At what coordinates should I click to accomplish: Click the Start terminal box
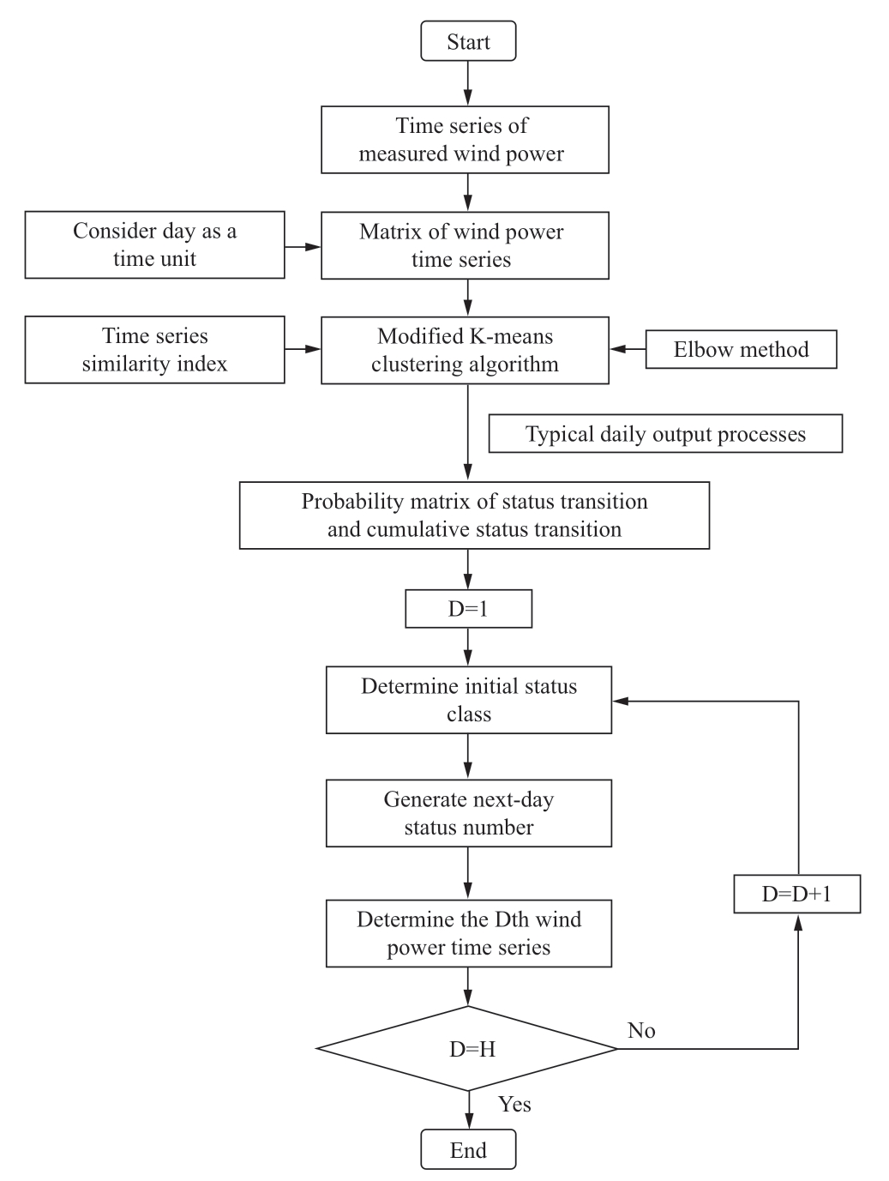pyautogui.click(x=468, y=41)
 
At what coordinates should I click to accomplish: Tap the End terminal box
pyautogui.click(x=468, y=1150)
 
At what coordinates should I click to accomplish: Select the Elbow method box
pyautogui.click(x=741, y=349)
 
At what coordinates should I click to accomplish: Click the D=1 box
pyautogui.click(x=468, y=609)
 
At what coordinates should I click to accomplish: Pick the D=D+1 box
pyautogui.click(x=797, y=894)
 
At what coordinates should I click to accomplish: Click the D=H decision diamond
pyautogui.click(x=467, y=1048)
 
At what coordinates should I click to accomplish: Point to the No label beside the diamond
pyautogui.click(x=641, y=1030)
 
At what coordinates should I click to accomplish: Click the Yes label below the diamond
pyautogui.click(x=514, y=1104)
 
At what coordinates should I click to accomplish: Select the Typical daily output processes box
pyautogui.click(x=665, y=433)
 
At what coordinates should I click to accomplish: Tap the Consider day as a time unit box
pyautogui.click(x=154, y=244)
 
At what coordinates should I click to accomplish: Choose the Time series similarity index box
pyautogui.click(x=154, y=350)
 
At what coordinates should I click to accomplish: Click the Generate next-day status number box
pyautogui.click(x=468, y=813)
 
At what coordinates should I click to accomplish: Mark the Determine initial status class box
pyautogui.click(x=468, y=700)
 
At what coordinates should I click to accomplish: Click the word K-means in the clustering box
pyautogui.click(x=511, y=336)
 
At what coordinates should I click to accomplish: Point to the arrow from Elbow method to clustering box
pyautogui.click(x=628, y=349)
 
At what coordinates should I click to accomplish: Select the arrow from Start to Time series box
pyautogui.click(x=468, y=83)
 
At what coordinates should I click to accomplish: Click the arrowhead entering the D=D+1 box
pyautogui.click(x=798, y=922)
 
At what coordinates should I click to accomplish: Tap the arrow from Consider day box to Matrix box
pyautogui.click(x=303, y=247)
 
